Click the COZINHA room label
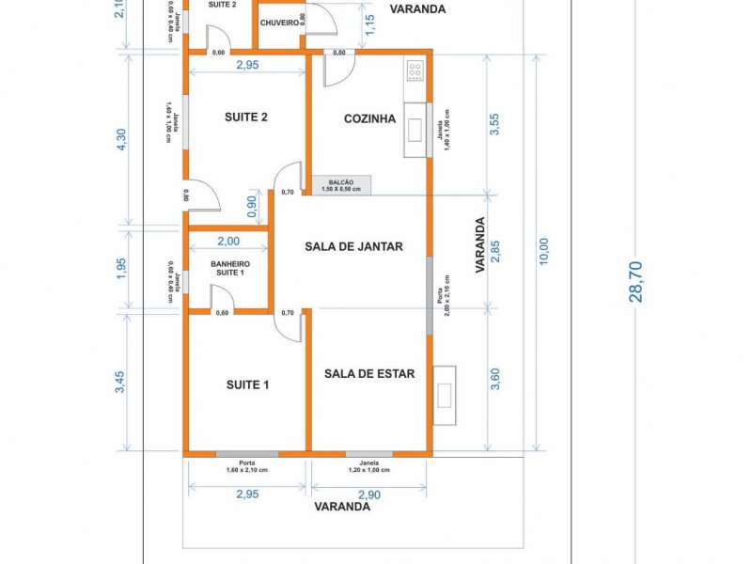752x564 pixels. point(369,119)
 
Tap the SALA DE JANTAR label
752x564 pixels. point(353,247)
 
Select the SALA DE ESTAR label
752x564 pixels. point(369,373)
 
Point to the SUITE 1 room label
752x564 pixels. point(247,384)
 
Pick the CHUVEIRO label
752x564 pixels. point(279,22)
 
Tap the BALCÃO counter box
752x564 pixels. point(341,185)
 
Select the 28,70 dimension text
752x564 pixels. point(636,281)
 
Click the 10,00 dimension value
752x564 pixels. point(544,251)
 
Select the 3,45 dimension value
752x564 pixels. point(120,383)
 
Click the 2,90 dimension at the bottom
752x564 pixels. point(368,494)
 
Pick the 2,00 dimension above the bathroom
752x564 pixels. point(228,242)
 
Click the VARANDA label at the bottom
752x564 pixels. point(342,506)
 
